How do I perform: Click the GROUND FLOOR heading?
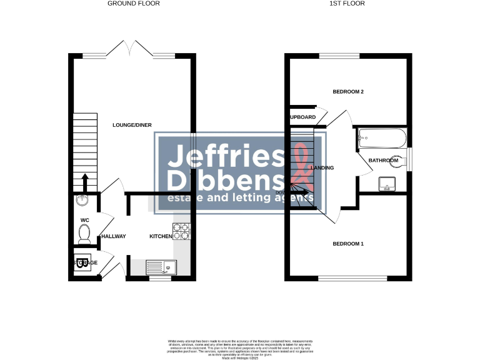pyautogui.click(x=134, y=3)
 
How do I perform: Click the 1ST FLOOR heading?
pyautogui.click(x=349, y=3)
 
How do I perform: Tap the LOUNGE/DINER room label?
pyautogui.click(x=132, y=125)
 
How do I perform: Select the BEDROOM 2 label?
pyautogui.click(x=348, y=92)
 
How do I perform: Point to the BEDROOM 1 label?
pyautogui.click(x=348, y=244)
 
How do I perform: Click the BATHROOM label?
pyautogui.click(x=383, y=161)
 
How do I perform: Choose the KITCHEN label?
pyautogui.click(x=161, y=236)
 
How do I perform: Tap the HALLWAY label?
pyautogui.click(x=114, y=236)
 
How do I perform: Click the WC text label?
pyautogui.click(x=85, y=220)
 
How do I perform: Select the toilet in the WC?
pyautogui.click(x=84, y=234)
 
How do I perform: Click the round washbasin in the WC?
pyautogui.click(x=81, y=200)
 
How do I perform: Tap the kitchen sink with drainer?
pyautogui.click(x=161, y=267)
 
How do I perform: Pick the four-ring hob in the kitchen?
pyautogui.click(x=181, y=232)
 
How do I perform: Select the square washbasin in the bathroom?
pyautogui.click(x=388, y=184)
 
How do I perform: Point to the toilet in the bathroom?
pyautogui.click(x=396, y=161)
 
